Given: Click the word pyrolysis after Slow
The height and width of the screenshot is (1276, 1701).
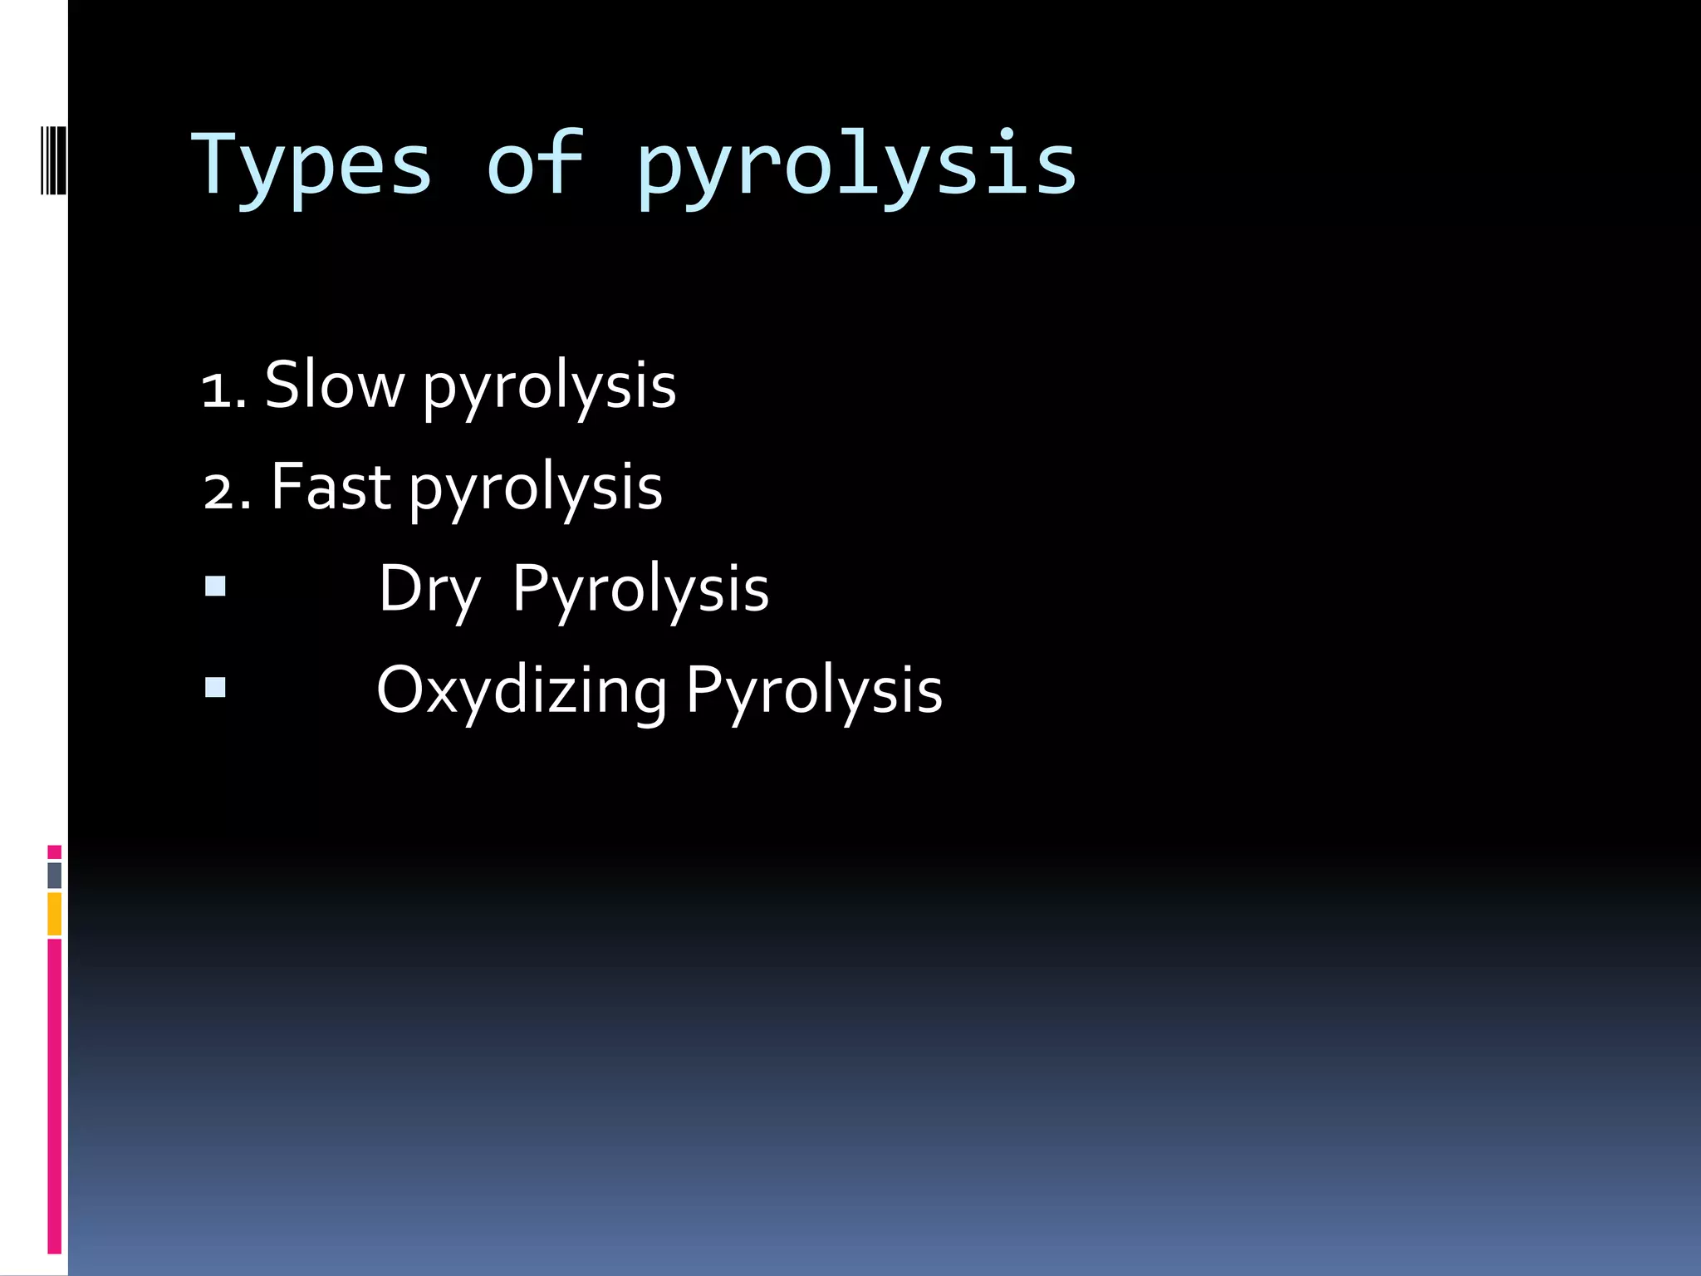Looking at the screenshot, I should pos(549,389).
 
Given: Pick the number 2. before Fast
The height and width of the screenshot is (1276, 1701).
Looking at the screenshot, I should pos(226,491).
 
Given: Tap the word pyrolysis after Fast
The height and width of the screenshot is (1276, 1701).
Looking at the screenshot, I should pos(536,490).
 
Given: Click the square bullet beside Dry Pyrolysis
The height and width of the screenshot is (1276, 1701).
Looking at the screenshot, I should pos(215,586).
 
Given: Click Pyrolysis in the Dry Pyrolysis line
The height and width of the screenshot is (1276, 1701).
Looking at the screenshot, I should pos(640,590).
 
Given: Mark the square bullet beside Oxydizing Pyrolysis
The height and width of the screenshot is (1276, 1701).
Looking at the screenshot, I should pos(215,687).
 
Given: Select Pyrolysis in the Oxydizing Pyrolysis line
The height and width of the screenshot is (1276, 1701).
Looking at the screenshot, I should pos(814,691).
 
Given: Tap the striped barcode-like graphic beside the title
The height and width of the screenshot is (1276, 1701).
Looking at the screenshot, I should pos(54,159).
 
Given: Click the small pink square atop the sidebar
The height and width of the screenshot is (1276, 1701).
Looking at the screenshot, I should pos(54,851).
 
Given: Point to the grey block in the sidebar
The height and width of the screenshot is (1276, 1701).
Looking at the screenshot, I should pos(54,876).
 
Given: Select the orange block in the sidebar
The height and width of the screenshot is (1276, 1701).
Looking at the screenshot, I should pos(54,914).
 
